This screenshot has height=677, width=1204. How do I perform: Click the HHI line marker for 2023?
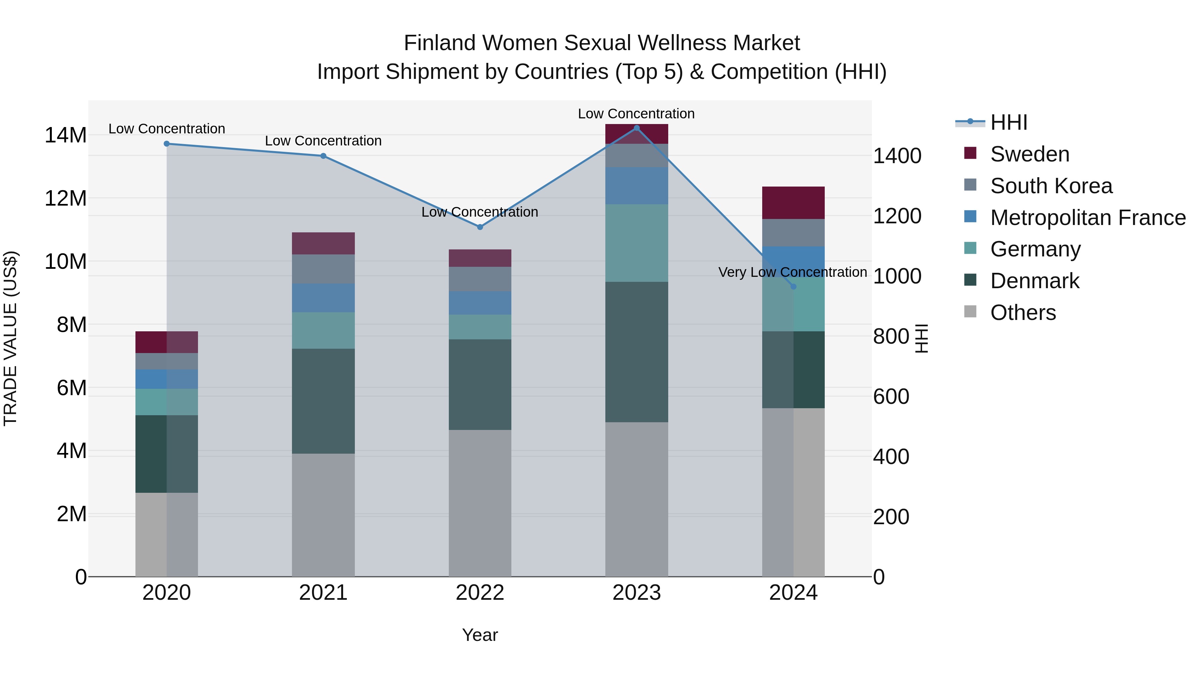click(636, 128)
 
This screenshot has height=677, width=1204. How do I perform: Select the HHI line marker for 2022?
click(480, 227)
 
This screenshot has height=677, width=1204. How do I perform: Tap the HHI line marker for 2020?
click(167, 144)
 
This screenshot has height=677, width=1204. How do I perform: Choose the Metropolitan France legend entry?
click(1087, 218)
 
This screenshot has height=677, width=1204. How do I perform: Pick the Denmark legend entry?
click(1034, 281)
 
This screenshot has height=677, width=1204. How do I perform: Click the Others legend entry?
click(1023, 313)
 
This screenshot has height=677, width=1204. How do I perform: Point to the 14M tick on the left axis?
click(66, 135)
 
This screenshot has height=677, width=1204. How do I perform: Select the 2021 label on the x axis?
click(323, 593)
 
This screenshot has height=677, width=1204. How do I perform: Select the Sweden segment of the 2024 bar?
click(793, 203)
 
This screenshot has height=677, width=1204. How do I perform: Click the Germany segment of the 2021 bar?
click(323, 330)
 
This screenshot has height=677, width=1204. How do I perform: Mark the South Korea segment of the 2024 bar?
click(793, 232)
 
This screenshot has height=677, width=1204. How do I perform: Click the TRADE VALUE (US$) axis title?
click(10, 338)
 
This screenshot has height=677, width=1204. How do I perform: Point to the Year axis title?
click(480, 635)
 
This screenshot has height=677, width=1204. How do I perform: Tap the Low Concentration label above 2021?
click(323, 141)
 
